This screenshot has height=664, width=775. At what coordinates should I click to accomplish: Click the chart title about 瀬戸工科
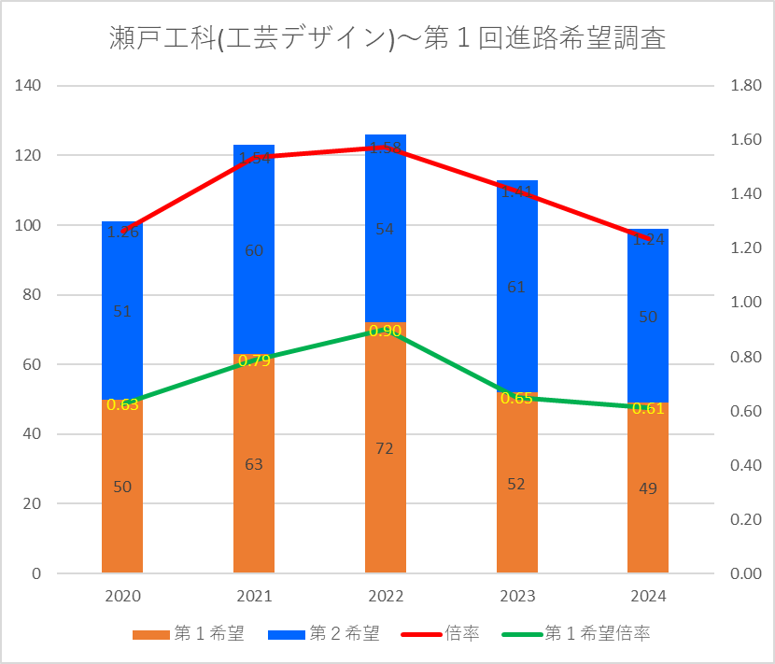pyautogui.click(x=387, y=40)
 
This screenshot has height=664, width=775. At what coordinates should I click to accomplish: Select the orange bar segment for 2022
pyautogui.click(x=386, y=486)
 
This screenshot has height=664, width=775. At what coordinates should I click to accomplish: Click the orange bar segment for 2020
pyautogui.click(x=122, y=523)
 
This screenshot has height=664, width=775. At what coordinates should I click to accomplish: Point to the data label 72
pyautogui.click(x=386, y=448)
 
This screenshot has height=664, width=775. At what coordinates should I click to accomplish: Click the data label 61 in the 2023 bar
pyautogui.click(x=516, y=287)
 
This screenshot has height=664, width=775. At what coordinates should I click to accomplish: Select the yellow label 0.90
pyautogui.click(x=386, y=331)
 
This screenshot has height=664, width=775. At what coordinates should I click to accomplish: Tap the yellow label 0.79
pyautogui.click(x=254, y=360)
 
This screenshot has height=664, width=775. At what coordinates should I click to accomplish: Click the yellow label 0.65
pyautogui.click(x=516, y=398)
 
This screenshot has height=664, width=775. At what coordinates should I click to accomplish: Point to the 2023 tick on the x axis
pyautogui.click(x=516, y=596)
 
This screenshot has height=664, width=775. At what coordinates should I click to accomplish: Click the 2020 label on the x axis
pyautogui.click(x=122, y=596)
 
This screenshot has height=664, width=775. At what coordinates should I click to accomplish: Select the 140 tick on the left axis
pyautogui.click(x=30, y=86)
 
